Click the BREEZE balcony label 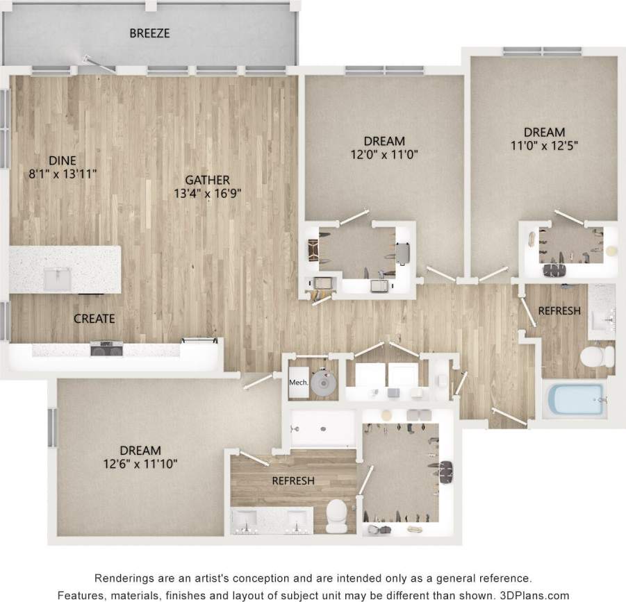tap(149, 33)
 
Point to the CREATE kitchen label tap(94, 319)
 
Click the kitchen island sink tap(57, 278)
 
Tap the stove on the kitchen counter tap(106, 347)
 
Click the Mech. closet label tap(298, 382)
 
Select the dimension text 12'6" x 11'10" tap(140, 463)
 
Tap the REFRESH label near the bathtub tap(559, 311)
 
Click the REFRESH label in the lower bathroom tap(293, 480)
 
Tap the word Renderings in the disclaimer tap(123, 578)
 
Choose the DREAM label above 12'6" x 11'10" tap(140, 450)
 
